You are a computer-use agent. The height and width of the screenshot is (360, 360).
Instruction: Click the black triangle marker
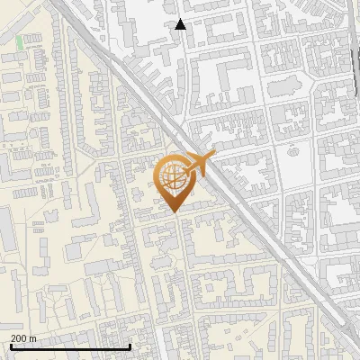tap(181, 25)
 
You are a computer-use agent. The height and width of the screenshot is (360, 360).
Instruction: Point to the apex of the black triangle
tap(181, 20)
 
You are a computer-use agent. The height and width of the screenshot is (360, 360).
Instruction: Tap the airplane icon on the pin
tap(200, 165)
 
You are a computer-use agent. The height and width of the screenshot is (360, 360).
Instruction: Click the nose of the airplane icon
tap(214, 157)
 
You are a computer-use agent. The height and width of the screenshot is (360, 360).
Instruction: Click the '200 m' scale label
tap(22, 337)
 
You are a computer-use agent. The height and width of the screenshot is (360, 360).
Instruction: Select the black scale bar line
tap(70, 346)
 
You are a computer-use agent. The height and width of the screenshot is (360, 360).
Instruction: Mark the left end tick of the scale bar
tap(11, 346)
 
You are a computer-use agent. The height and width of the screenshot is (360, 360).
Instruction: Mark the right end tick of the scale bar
tap(130, 346)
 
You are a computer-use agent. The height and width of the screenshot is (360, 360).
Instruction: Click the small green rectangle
tap(20, 41)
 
